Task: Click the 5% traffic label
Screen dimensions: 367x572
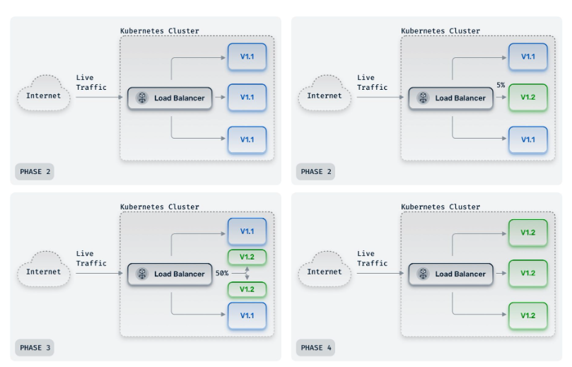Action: (501, 85)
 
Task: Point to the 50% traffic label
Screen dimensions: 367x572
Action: (221, 273)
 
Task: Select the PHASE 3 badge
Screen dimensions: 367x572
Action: (34, 347)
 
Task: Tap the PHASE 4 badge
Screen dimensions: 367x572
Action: (315, 347)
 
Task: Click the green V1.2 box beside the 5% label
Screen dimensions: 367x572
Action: (528, 98)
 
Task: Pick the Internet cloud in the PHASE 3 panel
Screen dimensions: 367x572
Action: (44, 272)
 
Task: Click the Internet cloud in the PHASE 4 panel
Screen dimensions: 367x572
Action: (325, 272)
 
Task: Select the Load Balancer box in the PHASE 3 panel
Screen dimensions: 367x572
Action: (170, 274)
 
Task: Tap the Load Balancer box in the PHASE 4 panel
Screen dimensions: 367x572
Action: (450, 274)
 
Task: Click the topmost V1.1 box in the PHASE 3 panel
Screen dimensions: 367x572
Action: (247, 232)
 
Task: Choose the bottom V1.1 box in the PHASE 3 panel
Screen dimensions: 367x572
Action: (247, 315)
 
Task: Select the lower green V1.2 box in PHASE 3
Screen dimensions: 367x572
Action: (247, 289)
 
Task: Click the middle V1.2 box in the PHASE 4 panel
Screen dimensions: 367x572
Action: (528, 274)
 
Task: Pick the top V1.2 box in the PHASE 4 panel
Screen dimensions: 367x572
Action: (528, 233)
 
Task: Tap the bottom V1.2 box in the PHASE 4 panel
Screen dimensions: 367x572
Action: (528, 315)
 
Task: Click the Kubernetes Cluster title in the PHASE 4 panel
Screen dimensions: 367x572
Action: (440, 207)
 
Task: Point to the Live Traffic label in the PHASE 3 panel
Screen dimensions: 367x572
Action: (91, 259)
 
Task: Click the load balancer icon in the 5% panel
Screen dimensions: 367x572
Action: (423, 98)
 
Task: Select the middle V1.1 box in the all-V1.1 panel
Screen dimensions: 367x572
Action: (247, 98)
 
